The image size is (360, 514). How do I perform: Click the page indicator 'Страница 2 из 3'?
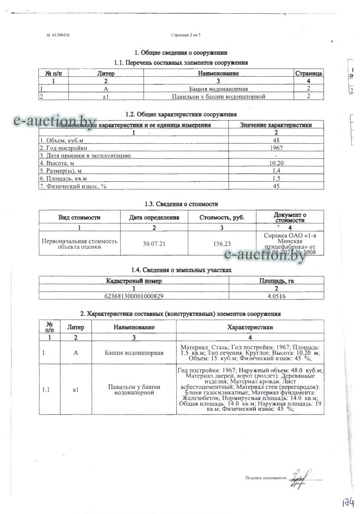pos(182,35)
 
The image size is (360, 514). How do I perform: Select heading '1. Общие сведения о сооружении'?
pos(180,53)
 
